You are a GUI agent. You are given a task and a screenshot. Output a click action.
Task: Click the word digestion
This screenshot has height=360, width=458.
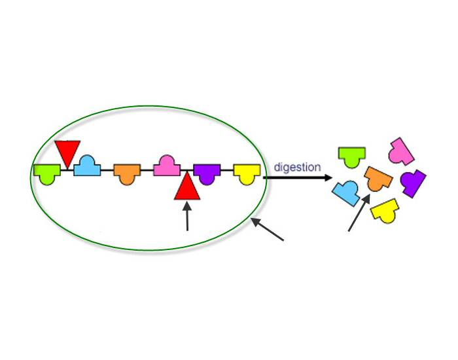(297, 167)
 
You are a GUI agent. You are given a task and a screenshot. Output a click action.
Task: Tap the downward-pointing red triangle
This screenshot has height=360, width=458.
(67, 152)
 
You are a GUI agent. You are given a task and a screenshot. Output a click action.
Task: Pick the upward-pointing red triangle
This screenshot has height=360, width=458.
(187, 187)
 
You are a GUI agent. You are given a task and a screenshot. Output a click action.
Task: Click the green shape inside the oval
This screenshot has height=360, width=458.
(46, 174)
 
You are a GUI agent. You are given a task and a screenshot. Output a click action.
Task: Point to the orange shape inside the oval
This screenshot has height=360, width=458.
(127, 173)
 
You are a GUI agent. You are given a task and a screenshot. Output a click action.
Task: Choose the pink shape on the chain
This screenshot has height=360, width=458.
(167, 166)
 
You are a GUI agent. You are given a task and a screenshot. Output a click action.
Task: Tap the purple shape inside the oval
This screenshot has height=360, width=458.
(207, 173)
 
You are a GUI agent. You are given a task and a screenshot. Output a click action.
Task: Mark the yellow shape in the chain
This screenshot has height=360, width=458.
(247, 173)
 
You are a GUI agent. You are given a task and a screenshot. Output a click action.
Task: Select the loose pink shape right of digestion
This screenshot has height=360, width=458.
(400, 151)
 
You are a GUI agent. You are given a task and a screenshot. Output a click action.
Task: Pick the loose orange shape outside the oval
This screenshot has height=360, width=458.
(378, 178)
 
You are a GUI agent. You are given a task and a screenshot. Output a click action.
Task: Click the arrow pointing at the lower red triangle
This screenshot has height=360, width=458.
(187, 217)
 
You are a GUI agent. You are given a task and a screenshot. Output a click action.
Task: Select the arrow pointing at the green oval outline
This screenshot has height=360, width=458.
(268, 230)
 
